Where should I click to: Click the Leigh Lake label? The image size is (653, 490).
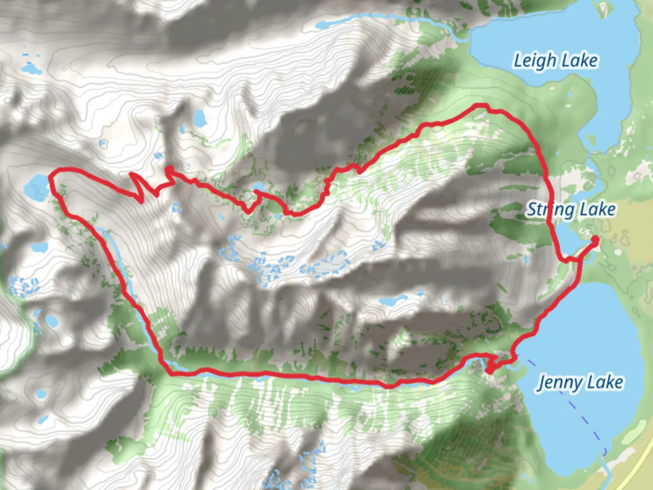point(555,61)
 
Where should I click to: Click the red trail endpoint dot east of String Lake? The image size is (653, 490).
point(595,239)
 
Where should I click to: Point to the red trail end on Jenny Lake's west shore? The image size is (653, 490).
point(489,371)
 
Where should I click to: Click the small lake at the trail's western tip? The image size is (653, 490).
point(36,186)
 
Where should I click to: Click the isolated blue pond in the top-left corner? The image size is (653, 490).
point(31,69)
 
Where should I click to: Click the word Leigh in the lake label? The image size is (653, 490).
point(534,61)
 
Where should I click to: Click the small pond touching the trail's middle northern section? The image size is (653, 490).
point(258,187)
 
